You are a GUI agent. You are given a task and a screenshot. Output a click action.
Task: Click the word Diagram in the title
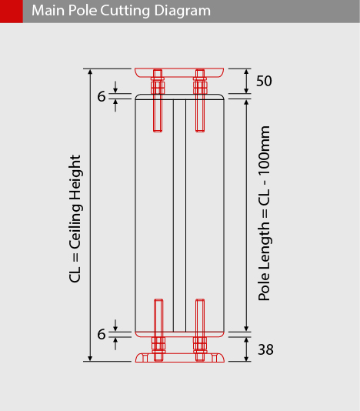point(182,11)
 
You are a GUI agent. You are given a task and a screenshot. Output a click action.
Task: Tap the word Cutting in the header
point(125,11)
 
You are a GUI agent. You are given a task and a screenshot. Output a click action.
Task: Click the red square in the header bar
point(12,12)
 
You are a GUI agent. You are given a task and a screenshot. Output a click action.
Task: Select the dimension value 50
point(264,81)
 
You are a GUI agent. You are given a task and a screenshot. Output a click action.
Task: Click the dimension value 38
point(265,349)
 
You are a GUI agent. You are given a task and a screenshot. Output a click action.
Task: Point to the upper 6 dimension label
point(102,96)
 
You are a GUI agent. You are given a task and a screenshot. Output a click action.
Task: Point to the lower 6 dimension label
point(102,334)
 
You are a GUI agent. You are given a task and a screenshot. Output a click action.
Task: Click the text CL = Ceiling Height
point(75,219)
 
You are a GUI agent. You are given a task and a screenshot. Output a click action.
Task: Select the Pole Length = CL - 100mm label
point(264,213)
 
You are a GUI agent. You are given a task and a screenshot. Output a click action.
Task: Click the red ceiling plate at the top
point(179,72)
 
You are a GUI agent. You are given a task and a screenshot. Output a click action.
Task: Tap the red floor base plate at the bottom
point(180,358)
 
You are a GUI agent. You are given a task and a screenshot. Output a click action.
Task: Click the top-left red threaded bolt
point(158,100)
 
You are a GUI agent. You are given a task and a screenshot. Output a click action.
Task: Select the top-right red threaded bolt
point(200,100)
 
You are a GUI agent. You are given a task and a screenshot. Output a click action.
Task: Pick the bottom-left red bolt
point(158,330)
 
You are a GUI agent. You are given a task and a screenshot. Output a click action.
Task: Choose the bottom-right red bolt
point(200,330)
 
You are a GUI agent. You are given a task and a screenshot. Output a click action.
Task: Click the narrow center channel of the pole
point(179,216)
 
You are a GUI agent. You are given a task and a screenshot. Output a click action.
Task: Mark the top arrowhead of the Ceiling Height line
point(90,72)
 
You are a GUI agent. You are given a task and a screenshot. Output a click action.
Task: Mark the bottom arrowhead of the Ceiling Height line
point(90,359)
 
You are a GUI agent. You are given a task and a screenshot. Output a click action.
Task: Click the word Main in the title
point(48,11)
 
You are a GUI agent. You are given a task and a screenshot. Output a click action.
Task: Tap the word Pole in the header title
point(82,11)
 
